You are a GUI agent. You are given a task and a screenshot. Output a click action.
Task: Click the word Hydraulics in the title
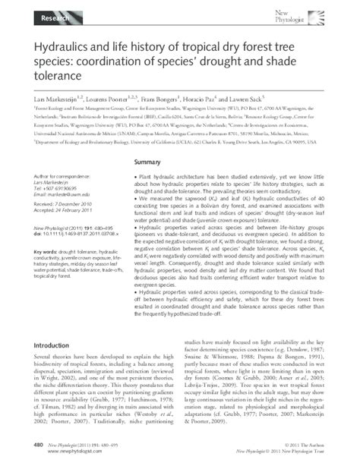62,48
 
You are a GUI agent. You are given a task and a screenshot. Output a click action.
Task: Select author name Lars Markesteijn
60,101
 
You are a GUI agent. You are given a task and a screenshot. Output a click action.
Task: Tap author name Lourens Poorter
124,101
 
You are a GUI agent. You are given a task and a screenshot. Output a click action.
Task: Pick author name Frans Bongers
184,101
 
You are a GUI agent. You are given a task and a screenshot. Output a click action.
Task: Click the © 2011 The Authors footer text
304,443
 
